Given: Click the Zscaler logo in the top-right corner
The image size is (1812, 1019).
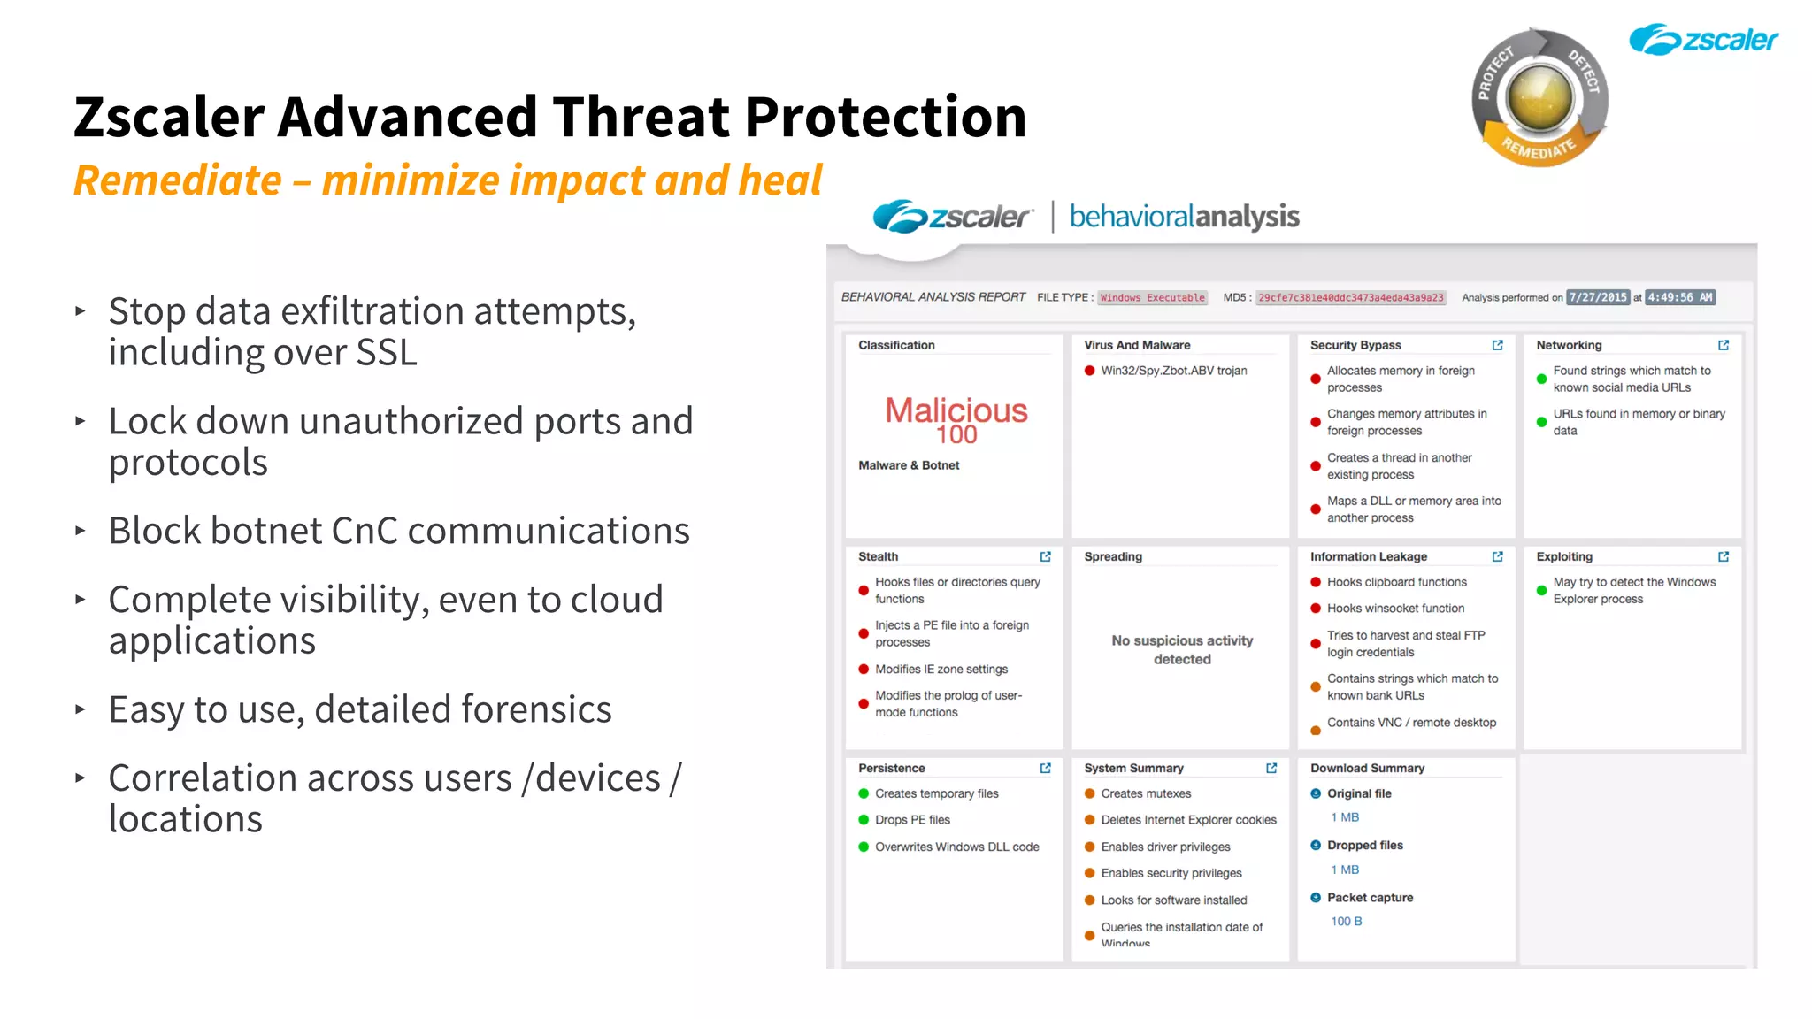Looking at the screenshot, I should point(1703,40).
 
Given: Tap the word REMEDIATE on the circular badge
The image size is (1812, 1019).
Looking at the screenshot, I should point(1539,149).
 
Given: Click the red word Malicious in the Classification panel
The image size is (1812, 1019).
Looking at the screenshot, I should point(956,410).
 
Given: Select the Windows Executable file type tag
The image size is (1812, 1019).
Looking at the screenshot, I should point(1152,298).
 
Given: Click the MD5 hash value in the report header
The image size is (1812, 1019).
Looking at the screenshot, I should point(1350,298).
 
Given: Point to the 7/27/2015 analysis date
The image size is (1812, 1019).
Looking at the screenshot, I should point(1598,298).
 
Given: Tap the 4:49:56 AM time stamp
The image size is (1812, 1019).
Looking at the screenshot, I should point(1679,298).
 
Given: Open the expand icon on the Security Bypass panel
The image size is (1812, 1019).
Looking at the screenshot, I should point(1497,345).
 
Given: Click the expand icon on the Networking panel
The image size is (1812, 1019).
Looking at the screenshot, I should point(1723,345).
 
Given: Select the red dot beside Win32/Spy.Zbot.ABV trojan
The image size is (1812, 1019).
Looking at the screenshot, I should point(1090,371).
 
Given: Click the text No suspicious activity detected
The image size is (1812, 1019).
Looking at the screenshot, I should point(1182,649).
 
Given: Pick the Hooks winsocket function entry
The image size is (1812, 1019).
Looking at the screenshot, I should point(1395,609).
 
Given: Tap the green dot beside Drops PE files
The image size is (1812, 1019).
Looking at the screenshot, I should point(864,820).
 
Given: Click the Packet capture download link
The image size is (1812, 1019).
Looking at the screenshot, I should point(1370,898).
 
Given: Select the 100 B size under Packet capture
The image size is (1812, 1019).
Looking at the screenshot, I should point(1346,922).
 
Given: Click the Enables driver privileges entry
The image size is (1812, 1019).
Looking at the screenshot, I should point(1165,847).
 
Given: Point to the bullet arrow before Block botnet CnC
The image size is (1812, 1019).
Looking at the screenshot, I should point(81,531).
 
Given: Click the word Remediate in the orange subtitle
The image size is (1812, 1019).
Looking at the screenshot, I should point(177,180).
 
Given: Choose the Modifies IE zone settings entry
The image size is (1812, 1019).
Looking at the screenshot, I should point(941,670).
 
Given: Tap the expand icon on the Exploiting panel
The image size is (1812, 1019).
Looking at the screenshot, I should point(1723,556).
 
